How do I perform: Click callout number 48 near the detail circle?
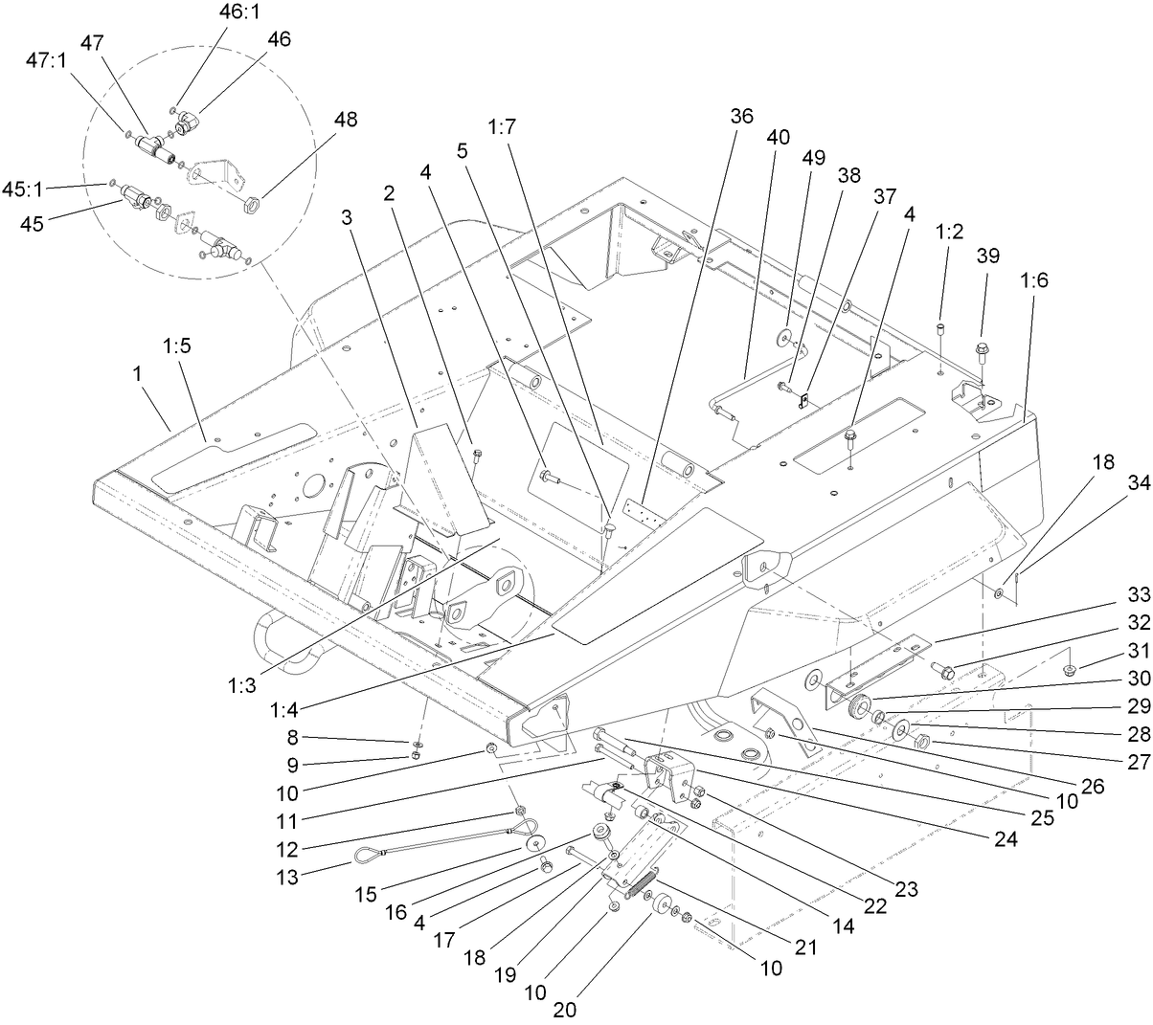[x=346, y=122]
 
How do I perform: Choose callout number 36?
[x=741, y=116]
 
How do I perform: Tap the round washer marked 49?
[x=785, y=335]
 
